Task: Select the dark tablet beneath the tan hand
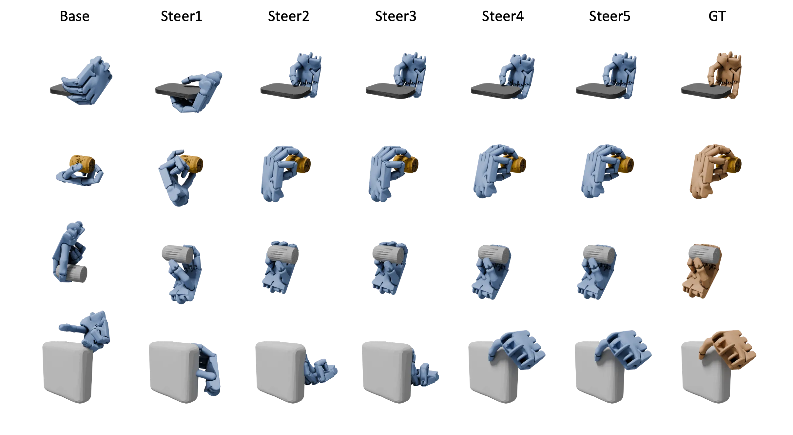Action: tap(693, 90)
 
